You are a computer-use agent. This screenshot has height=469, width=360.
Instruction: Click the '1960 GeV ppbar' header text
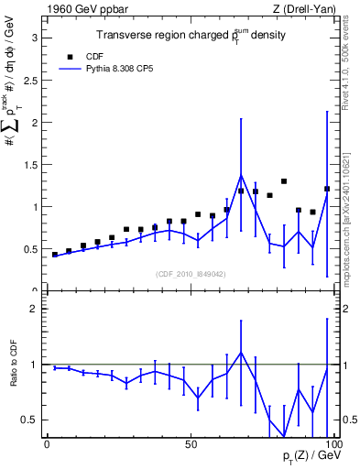click(x=84, y=9)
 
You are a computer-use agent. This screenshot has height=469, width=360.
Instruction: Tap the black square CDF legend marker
click(x=68, y=55)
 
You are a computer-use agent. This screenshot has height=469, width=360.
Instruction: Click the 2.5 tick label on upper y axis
click(x=28, y=80)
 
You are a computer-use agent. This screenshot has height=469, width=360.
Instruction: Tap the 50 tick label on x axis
click(x=191, y=444)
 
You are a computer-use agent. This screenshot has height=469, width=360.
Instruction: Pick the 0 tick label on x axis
click(x=48, y=444)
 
